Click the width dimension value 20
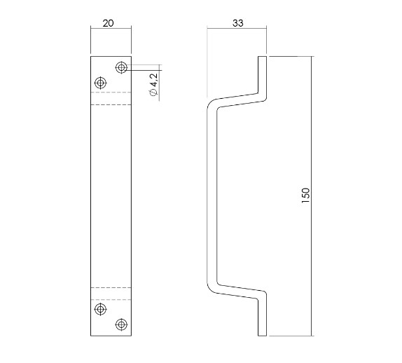point(109,22)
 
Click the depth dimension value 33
point(238,22)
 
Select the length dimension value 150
point(305,196)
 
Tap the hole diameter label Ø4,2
point(153,85)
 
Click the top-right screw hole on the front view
point(122,67)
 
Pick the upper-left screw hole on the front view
point(101,83)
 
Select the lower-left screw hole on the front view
point(101,309)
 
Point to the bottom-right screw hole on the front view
point(122,324)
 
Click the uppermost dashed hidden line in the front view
point(111,93)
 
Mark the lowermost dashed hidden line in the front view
point(111,299)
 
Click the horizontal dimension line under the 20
point(111,28)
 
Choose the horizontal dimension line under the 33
point(237,28)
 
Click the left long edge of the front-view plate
point(91,196)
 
